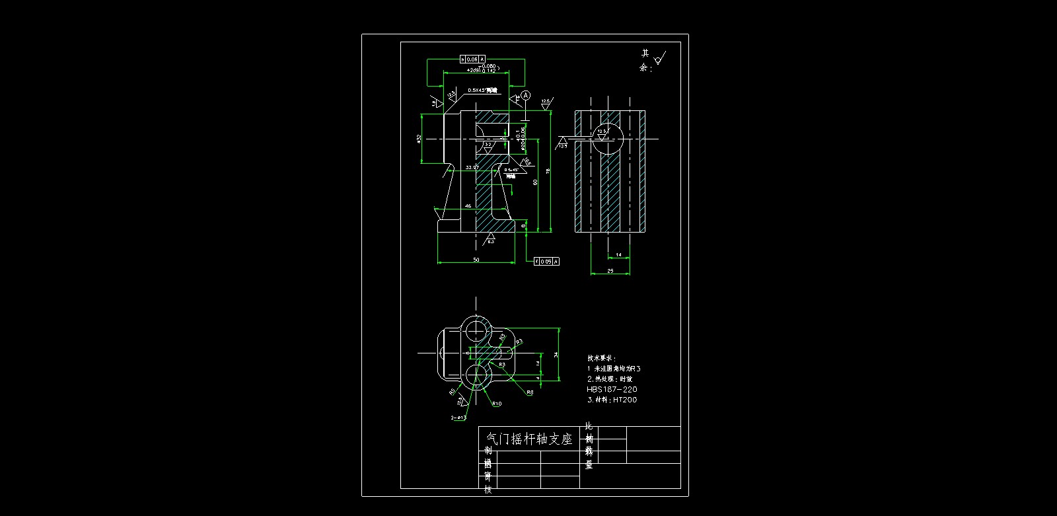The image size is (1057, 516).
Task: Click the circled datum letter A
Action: pyautogui.click(x=526, y=96)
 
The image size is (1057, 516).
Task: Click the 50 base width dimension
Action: pyautogui.click(x=476, y=260)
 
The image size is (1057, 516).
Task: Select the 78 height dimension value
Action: pyautogui.click(x=548, y=172)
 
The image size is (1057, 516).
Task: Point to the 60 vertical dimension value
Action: pyautogui.click(x=535, y=182)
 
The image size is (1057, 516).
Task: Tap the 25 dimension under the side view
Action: pyautogui.click(x=610, y=271)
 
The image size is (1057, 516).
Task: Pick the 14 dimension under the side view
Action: pyautogui.click(x=618, y=254)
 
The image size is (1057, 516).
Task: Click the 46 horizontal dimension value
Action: pyautogui.click(x=468, y=206)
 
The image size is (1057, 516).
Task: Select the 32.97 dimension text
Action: pyautogui.click(x=472, y=168)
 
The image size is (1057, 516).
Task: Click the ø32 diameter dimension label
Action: pyautogui.click(x=419, y=139)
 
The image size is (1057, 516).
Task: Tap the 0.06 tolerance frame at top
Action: pyautogui.click(x=472, y=59)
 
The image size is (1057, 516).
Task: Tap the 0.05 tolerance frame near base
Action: pyautogui.click(x=546, y=262)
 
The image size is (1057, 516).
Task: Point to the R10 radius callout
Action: pyautogui.click(x=496, y=403)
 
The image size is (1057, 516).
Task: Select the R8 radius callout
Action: pyautogui.click(x=530, y=392)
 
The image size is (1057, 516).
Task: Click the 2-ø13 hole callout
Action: pyautogui.click(x=458, y=418)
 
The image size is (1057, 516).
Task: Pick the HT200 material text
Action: pyautogui.click(x=624, y=400)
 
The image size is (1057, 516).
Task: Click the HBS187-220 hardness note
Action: pyautogui.click(x=612, y=390)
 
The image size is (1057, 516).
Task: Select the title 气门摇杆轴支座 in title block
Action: pyautogui.click(x=528, y=439)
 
